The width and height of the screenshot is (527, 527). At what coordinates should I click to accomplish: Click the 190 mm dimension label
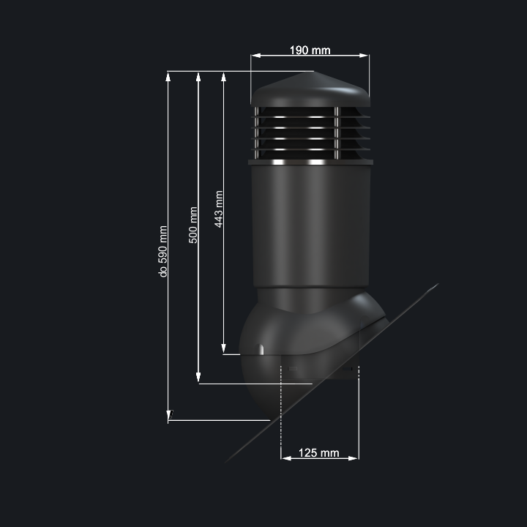310,50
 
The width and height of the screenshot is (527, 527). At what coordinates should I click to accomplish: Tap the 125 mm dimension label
318,453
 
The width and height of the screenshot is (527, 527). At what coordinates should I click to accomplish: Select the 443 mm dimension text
219,209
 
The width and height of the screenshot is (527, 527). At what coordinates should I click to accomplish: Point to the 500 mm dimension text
193,225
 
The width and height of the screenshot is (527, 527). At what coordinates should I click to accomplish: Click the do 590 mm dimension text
162,251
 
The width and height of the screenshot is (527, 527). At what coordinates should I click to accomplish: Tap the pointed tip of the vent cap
311,72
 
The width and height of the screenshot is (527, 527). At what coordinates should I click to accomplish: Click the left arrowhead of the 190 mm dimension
256,56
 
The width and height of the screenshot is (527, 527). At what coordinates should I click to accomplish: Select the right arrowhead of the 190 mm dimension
364,56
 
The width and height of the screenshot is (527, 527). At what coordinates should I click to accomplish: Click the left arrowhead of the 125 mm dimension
286,458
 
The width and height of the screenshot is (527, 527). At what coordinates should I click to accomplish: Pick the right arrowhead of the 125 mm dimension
354,458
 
